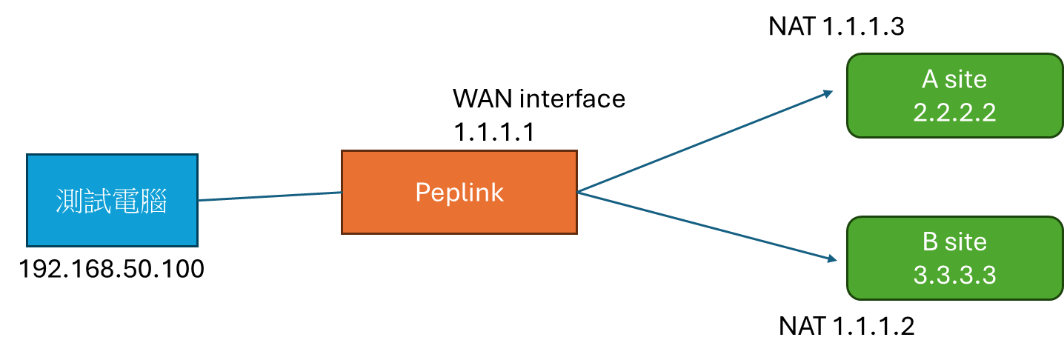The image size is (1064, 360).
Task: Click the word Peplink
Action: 459,193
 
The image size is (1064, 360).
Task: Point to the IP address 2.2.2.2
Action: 954,113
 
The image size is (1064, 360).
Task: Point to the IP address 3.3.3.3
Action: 954,276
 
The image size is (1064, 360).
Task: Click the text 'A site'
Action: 954,79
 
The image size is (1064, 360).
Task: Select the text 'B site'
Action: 954,242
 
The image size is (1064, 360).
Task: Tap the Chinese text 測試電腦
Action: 112,201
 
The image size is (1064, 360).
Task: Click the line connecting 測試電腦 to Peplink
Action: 270,196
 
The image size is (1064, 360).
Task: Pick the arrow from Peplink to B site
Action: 704,225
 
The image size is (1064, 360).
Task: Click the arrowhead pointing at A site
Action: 828,93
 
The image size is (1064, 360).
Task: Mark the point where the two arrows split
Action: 579,193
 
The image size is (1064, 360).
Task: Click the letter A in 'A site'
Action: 930,79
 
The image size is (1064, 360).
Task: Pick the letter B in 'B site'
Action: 931,242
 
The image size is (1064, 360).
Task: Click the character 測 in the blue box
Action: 70,201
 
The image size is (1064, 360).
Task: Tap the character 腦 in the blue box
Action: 153,201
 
